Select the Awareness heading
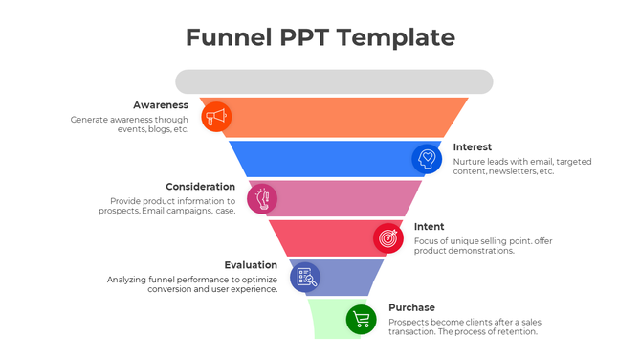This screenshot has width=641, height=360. (161, 104)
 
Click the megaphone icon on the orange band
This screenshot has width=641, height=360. (217, 117)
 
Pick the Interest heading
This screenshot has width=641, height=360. (473, 146)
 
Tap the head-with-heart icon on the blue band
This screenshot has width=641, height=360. (427, 157)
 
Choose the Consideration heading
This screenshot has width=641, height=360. (200, 187)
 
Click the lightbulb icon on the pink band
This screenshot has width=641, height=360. (262, 198)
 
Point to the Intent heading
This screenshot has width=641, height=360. (429, 227)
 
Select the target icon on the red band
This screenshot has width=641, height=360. (387, 237)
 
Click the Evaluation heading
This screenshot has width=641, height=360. (251, 265)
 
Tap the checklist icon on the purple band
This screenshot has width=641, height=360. (304, 277)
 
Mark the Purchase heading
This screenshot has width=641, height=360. (411, 307)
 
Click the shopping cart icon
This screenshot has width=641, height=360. (361, 319)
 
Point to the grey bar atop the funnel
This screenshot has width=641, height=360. (334, 80)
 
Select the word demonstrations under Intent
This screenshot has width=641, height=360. (486, 251)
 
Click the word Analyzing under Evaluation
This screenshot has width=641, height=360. (129, 280)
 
